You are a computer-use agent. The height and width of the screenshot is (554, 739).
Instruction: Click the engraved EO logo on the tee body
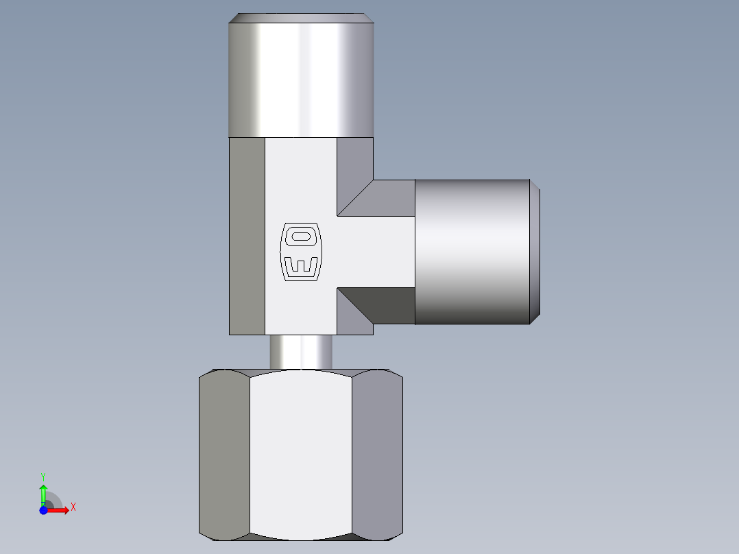pos(301,252)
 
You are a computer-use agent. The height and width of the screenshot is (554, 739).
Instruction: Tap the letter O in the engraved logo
pos(301,237)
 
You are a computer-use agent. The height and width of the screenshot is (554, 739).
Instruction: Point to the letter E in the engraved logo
pos(301,265)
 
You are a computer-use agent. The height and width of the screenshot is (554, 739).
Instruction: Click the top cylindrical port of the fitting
pos(301,75)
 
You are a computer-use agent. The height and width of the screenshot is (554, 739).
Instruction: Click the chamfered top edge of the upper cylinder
pos(301,18)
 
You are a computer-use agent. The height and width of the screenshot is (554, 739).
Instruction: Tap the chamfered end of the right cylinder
pos(535,252)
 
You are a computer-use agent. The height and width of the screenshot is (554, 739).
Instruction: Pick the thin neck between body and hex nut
pos(301,352)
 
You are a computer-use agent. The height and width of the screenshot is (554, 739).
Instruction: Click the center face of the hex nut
pos(301,455)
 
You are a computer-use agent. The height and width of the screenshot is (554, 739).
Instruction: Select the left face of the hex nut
pos(225,455)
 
